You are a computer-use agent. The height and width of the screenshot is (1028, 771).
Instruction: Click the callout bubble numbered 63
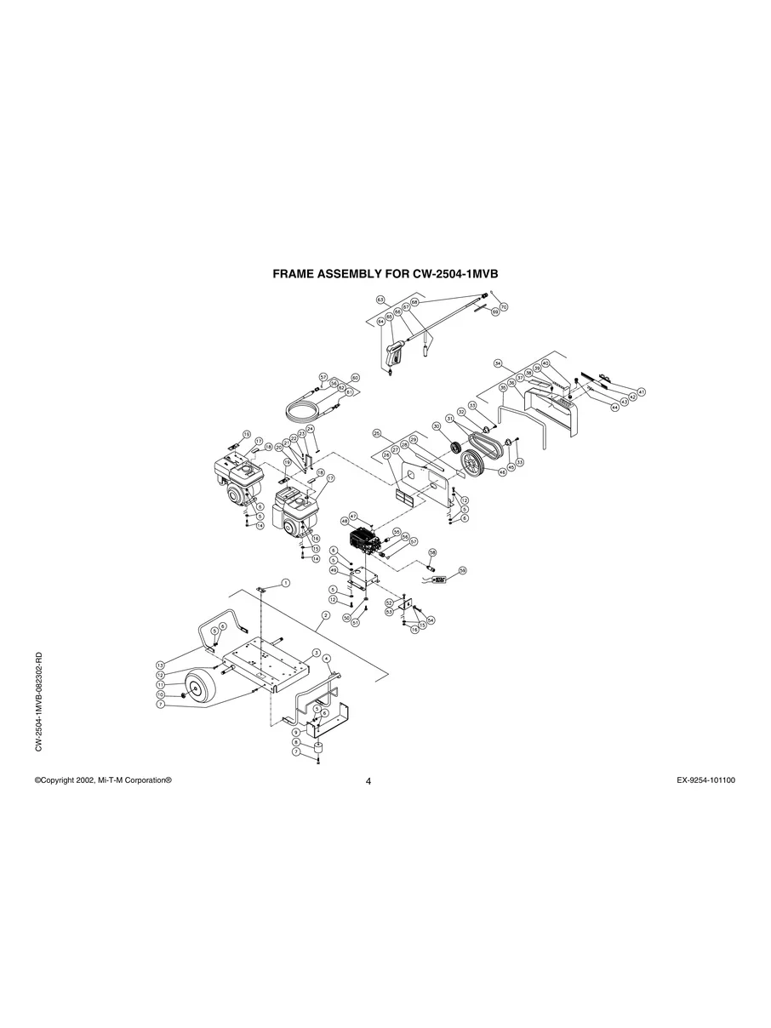pos(380,300)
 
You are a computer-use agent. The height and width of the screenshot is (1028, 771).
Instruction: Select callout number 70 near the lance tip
pos(504,306)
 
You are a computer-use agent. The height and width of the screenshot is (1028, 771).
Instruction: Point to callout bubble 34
pos(499,363)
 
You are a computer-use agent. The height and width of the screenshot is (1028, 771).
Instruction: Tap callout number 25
pos(376,433)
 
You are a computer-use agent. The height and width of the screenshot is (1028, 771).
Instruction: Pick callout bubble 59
pos(463,570)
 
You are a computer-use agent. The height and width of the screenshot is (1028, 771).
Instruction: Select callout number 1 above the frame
pos(286,583)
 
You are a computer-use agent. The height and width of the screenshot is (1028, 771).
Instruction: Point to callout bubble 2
pos(325,614)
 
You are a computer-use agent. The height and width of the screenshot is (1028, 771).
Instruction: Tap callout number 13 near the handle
pos(159,665)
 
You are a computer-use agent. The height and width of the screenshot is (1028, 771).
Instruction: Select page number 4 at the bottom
pos(368,781)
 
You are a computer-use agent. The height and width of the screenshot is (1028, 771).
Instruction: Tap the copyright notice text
pos(103,780)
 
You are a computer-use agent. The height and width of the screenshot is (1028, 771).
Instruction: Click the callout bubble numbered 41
pos(642,391)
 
